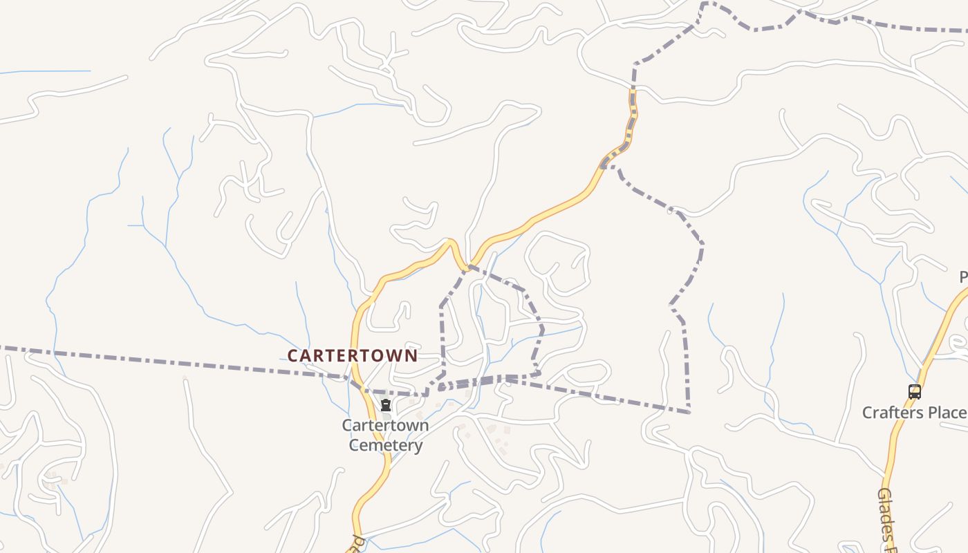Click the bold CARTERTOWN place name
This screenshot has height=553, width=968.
click(353, 356)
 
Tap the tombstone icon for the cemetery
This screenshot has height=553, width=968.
click(386, 405)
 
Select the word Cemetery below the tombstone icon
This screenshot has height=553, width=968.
click(386, 445)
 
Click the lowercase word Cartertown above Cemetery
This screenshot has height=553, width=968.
click(385, 426)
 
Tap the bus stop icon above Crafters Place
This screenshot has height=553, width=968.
click(915, 392)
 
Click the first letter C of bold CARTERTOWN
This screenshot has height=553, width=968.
click(293, 356)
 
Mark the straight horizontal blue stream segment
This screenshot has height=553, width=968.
click(48, 71)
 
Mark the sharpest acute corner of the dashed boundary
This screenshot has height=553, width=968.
click(689, 413)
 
